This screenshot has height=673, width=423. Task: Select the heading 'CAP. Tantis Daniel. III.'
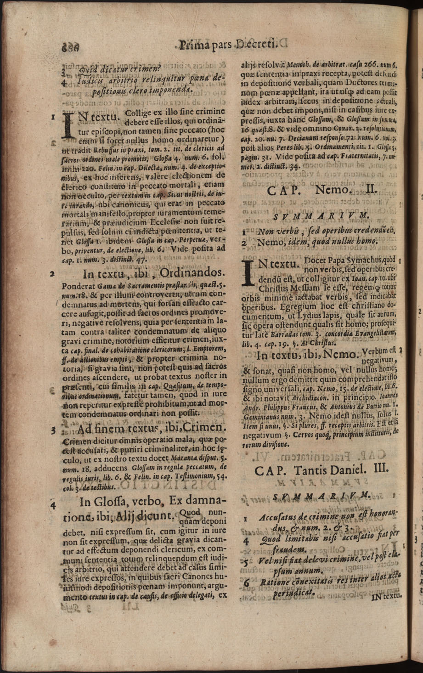(315, 470)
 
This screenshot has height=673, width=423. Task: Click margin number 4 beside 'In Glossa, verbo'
(54, 505)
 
